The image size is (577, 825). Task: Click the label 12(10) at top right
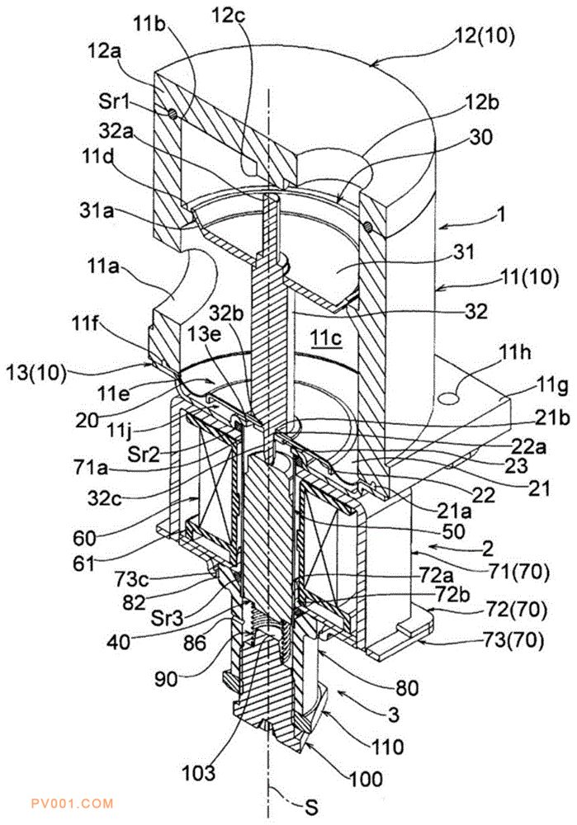click(x=483, y=37)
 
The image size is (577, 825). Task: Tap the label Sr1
click(x=114, y=101)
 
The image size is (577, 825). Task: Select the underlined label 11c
click(x=326, y=337)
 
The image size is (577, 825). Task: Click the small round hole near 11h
click(x=450, y=398)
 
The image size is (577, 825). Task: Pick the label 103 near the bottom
click(x=198, y=773)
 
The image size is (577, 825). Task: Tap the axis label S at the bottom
click(x=312, y=807)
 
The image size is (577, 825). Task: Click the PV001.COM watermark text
click(x=72, y=804)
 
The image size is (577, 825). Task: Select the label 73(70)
click(x=513, y=640)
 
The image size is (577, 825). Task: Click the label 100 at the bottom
click(x=366, y=778)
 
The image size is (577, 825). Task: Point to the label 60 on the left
click(x=85, y=538)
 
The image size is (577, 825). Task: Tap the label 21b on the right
click(x=551, y=419)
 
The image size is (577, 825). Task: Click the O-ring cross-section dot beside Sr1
click(x=172, y=113)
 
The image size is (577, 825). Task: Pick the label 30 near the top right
click(x=481, y=137)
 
